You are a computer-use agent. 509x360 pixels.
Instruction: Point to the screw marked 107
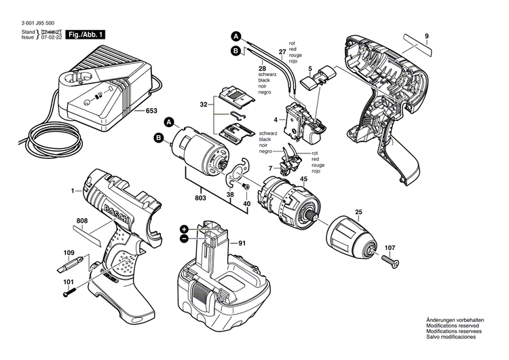tap(389, 259)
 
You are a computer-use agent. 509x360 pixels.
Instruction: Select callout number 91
tap(243, 242)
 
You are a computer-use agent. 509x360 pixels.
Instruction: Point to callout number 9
tap(427, 35)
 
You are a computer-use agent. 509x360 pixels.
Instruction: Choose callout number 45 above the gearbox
tap(303, 179)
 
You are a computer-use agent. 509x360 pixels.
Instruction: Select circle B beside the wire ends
tap(235, 50)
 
